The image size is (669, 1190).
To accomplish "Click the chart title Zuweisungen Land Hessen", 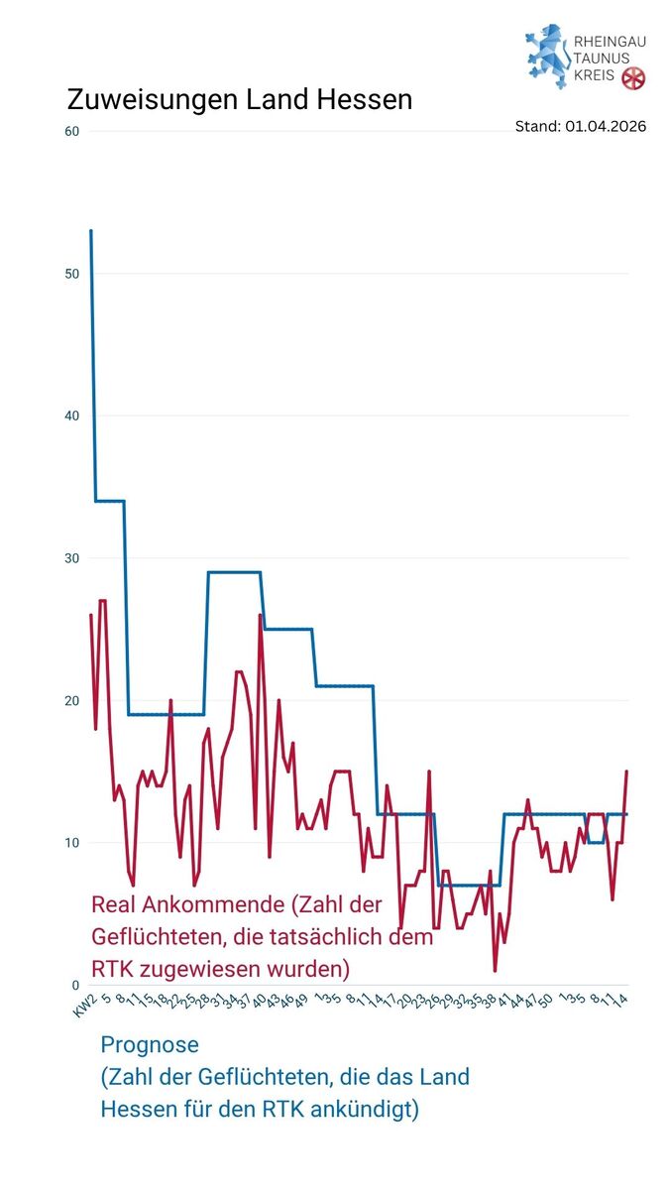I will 239,100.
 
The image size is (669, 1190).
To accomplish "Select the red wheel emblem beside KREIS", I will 633,78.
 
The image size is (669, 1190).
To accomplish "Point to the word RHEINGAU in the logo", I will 611,43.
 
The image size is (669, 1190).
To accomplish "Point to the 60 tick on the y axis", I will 71,131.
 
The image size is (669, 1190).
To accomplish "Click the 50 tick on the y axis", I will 71,274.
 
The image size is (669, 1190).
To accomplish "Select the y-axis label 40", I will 71,416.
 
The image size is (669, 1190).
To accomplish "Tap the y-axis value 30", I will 71,558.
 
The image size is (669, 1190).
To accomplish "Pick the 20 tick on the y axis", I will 71,700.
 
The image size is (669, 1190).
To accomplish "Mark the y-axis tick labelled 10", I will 71,843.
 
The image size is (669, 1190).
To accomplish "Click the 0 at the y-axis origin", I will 74,985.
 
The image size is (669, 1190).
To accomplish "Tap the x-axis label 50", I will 545,1000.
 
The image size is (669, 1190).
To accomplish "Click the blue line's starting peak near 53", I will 91,231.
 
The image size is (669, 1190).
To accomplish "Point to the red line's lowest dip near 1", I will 495,970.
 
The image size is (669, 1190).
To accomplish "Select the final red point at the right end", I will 626,772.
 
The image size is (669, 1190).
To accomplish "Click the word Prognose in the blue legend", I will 150,1044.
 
